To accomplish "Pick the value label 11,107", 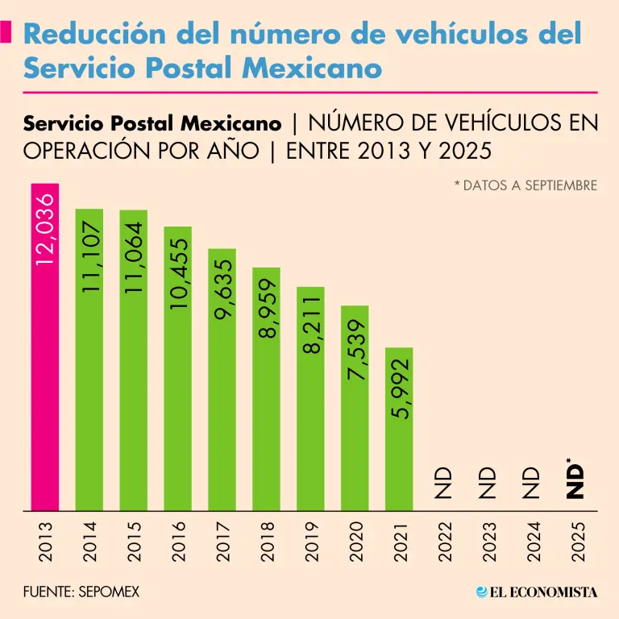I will click(x=89, y=258).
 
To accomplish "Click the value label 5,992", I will click(x=399, y=388).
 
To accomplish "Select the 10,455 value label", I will click(x=177, y=273).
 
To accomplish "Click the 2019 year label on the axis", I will click(x=311, y=541).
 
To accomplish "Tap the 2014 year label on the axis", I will click(x=89, y=541).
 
